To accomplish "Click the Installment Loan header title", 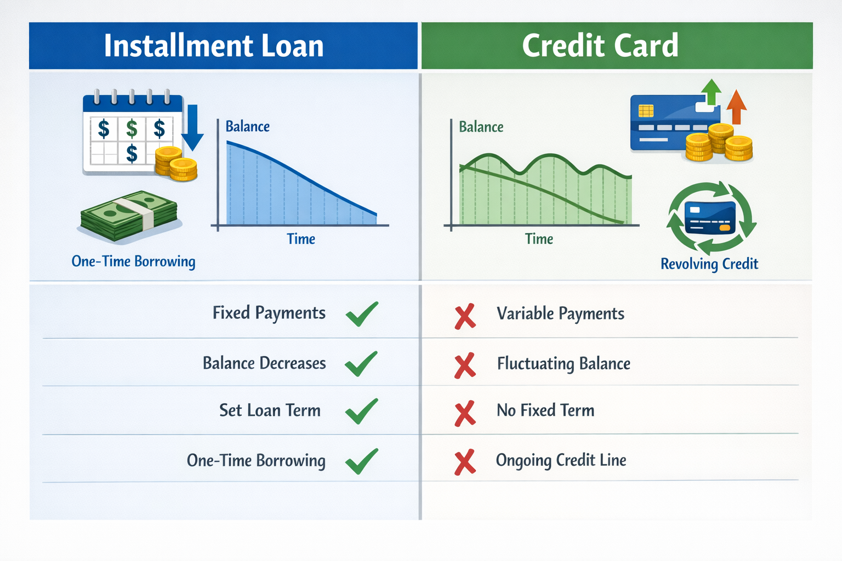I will point(213,45).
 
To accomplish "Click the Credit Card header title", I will point(600,45).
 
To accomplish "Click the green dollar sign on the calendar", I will point(132,129).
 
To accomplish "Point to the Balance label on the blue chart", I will point(248,127).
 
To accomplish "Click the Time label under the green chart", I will point(539,239).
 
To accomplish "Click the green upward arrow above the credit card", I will point(711,91).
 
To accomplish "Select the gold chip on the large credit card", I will point(646,111).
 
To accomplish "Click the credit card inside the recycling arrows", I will point(710,217).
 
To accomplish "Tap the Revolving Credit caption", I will point(709,264).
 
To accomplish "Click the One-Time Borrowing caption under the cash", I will point(133,261).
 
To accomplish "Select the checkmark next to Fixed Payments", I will point(362,314).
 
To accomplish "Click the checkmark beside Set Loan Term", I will point(362,411).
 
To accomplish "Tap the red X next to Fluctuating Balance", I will point(465,366).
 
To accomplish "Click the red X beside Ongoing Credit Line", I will point(465,462).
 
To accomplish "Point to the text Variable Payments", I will point(560,313).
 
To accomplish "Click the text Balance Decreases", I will point(264,363).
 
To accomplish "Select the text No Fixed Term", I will point(545,410).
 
